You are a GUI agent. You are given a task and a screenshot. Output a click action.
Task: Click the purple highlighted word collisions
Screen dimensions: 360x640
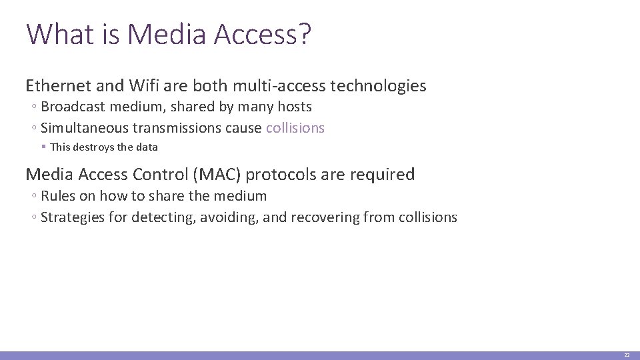pos(295,128)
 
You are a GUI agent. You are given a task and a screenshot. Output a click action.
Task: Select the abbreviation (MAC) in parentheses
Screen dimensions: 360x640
pos(217,175)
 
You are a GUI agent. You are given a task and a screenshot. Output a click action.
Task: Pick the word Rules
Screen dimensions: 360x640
pos(57,196)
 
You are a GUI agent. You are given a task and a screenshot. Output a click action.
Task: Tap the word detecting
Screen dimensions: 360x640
pos(161,217)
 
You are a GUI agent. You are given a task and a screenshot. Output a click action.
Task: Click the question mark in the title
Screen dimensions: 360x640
pos(305,34)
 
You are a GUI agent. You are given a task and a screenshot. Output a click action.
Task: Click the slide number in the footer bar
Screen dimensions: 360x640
pos(627,355)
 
